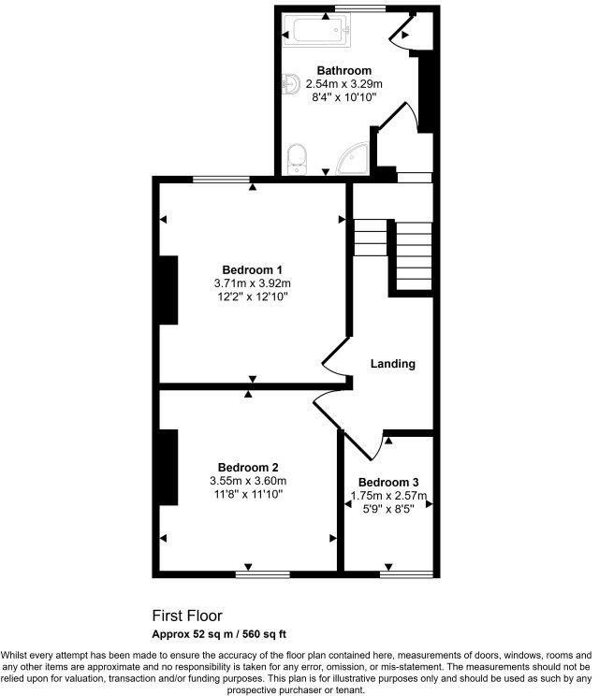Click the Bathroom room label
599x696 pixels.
point(343,70)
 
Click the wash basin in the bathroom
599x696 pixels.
point(287,85)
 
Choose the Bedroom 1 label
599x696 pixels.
point(252,269)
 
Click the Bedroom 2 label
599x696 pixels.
point(248,467)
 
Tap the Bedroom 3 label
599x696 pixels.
point(388,483)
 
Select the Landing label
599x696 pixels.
point(393,364)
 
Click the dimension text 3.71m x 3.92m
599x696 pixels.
point(252,283)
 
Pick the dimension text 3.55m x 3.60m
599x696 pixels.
point(247,481)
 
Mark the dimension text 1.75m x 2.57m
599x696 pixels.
point(388,497)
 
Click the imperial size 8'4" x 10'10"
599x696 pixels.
point(343,96)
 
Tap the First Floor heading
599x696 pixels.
point(187,616)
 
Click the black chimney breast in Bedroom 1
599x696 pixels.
point(169,290)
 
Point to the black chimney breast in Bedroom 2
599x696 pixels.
point(169,467)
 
